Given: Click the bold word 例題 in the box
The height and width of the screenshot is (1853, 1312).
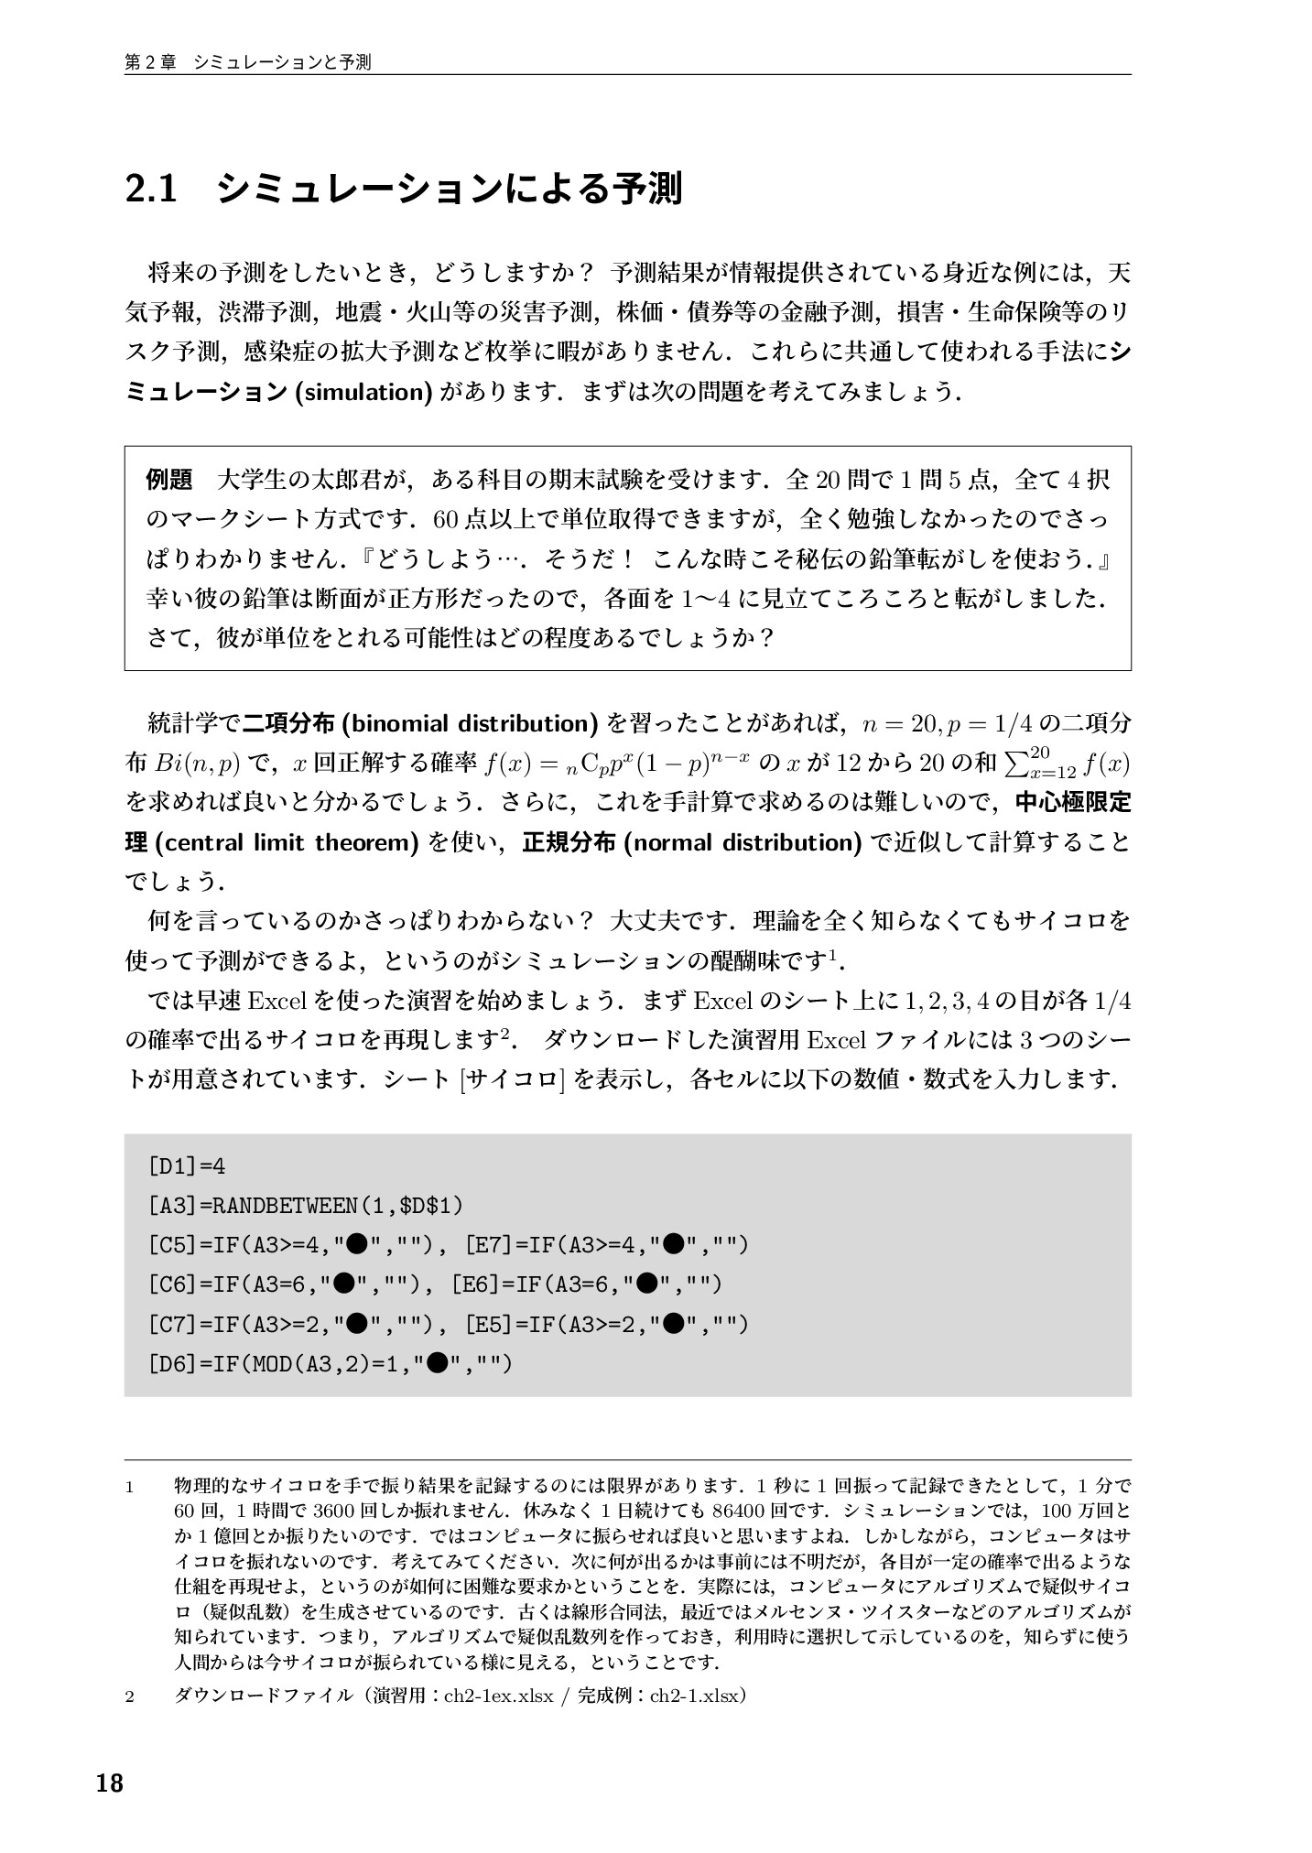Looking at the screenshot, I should coord(169,479).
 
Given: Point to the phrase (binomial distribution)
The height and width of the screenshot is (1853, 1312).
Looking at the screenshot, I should coord(469,723).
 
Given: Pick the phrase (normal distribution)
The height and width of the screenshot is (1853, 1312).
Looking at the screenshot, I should coord(741,842).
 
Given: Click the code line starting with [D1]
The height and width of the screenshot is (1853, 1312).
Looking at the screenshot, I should coord(186,1166).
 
